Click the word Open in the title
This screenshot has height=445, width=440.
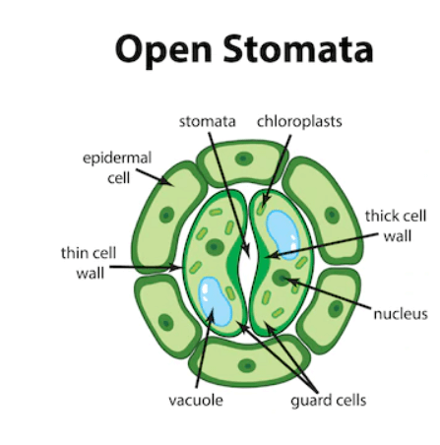click(x=163, y=50)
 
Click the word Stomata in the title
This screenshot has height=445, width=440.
click(x=298, y=48)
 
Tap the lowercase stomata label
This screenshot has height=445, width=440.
click(x=208, y=121)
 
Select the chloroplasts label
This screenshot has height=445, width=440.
click(x=299, y=121)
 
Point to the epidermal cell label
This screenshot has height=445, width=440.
click(x=117, y=167)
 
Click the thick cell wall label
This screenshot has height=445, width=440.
click(x=396, y=225)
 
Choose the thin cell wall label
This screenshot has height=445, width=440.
click(x=89, y=263)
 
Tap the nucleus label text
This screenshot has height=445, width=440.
click(x=401, y=314)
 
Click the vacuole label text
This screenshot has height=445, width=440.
click(x=196, y=401)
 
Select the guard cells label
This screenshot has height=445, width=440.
click(x=329, y=401)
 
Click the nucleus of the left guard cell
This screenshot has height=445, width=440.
click(x=215, y=246)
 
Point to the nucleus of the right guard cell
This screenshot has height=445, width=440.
click(x=282, y=278)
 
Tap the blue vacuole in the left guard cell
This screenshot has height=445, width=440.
click(x=215, y=301)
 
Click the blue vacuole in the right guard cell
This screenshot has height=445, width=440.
click(x=283, y=234)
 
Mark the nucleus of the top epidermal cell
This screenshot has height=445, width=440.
click(x=244, y=159)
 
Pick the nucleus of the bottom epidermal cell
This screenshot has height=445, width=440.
click(x=247, y=365)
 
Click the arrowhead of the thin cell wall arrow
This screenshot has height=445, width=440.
click(x=175, y=268)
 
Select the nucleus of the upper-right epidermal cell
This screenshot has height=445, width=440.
click(x=332, y=216)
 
